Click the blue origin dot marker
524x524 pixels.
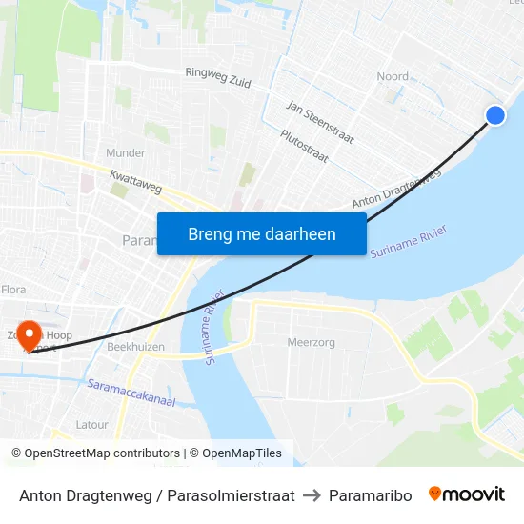[x=495, y=115]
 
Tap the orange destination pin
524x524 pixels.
[x=30, y=334]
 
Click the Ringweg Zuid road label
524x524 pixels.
[x=218, y=77]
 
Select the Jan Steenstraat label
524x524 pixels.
[x=320, y=123]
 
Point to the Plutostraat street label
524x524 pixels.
[x=305, y=147]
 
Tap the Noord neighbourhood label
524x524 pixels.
[x=393, y=76]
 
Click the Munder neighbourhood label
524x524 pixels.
[x=126, y=152]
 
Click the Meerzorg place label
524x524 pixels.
[x=310, y=342]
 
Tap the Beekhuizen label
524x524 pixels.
[x=135, y=347]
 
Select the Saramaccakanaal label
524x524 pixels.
[x=131, y=393]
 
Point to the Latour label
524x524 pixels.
[x=92, y=425]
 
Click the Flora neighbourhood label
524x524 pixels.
[x=12, y=288]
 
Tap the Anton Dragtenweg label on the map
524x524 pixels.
[x=397, y=190]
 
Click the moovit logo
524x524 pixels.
[x=467, y=494]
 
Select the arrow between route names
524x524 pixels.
[x=312, y=495]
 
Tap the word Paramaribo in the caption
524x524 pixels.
[x=370, y=495]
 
